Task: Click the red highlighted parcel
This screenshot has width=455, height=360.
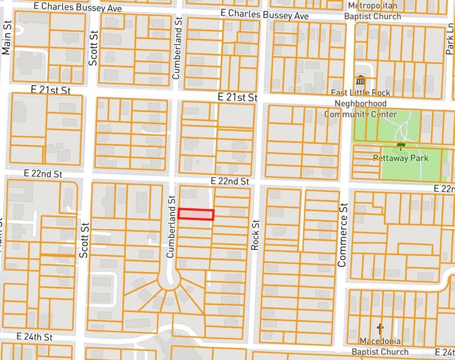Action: (196, 214)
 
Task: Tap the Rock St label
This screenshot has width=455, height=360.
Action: (254, 235)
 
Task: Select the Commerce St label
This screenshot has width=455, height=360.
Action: (342, 235)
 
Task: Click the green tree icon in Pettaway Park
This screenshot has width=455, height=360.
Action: (399, 147)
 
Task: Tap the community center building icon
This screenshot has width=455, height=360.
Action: (360, 81)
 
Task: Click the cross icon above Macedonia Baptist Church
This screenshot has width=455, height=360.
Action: (381, 328)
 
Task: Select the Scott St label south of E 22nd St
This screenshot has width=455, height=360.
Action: (84, 241)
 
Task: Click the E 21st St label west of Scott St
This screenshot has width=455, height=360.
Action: (51, 90)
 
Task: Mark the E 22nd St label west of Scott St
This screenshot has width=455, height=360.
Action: (43, 174)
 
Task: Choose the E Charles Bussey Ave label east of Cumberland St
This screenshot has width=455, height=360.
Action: (264, 15)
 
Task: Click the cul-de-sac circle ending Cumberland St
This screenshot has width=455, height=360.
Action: (170, 281)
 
